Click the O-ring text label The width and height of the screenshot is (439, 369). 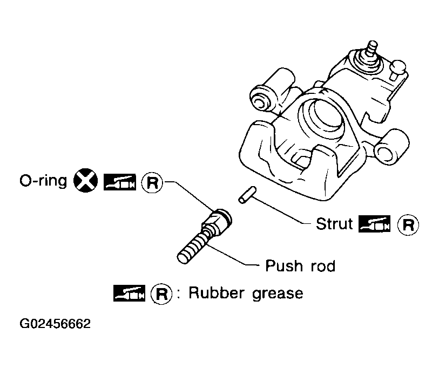pos(43,181)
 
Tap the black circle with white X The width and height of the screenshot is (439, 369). pos(86,181)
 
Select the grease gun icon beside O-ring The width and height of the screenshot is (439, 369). pos(120,182)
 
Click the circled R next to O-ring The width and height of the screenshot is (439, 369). pos(152,183)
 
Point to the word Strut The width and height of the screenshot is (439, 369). pos(334,224)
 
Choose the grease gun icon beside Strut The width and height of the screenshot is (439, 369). pos(375,224)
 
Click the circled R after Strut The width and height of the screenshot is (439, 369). pos(408,224)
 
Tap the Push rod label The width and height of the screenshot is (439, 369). pos(300,266)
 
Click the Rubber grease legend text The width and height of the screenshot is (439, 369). pos(246,293)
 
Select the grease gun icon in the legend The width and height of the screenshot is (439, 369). pos(130,293)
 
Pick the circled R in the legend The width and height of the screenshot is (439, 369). pos(161,294)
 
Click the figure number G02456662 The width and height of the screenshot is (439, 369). pos(55,324)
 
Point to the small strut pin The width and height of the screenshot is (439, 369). pos(247,195)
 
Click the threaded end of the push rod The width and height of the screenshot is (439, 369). pos(191,250)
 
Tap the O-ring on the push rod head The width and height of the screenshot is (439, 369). pos(225,215)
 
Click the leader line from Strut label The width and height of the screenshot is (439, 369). pos(281,210)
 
